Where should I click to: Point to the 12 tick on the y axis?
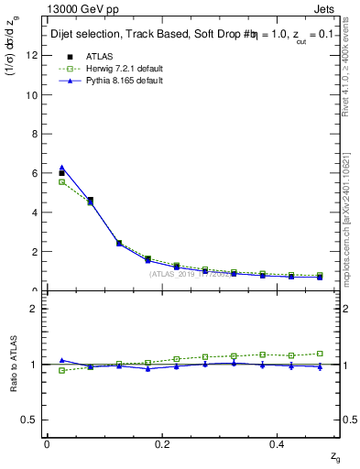[x=32, y=55]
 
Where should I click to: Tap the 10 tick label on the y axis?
[x=32, y=94]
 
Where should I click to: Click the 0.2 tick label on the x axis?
[x=163, y=444]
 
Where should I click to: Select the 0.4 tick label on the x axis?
[x=279, y=444]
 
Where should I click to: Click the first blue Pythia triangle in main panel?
[x=61, y=168]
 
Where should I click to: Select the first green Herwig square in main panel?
[x=61, y=181]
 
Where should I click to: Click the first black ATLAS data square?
[x=61, y=173]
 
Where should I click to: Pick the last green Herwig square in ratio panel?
[x=320, y=353]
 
